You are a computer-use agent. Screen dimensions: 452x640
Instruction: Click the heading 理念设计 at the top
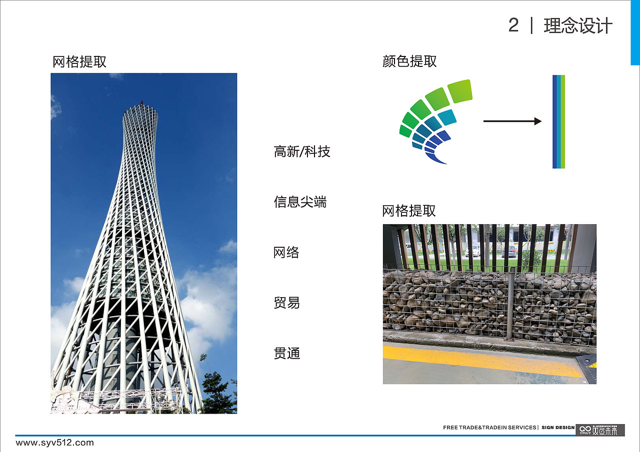pos(578,26)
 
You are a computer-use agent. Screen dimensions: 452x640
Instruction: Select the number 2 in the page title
pos(513,25)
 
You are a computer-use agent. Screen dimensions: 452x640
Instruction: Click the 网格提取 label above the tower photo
pos(79,62)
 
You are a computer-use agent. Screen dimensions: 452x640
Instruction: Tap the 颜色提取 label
pos(409,61)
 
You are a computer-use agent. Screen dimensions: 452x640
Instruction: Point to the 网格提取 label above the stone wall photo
pos(409,211)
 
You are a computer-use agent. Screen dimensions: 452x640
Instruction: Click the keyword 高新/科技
pos(302,152)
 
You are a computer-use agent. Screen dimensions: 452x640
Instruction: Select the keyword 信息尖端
pos(300,202)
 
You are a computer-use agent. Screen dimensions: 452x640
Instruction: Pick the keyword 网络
pos(286,253)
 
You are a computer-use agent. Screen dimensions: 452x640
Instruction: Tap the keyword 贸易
pos(286,303)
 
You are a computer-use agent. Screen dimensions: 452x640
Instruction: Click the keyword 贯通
pos(286,354)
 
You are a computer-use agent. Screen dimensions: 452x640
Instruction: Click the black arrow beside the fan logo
pos(512,121)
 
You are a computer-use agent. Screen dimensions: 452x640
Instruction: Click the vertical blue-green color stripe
pos(558,121)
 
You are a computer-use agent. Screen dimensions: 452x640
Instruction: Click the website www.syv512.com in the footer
pos(55,443)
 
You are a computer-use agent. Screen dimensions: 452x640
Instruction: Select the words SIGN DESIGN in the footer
pos(558,428)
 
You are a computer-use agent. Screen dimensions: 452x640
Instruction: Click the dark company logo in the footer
pos(600,430)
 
